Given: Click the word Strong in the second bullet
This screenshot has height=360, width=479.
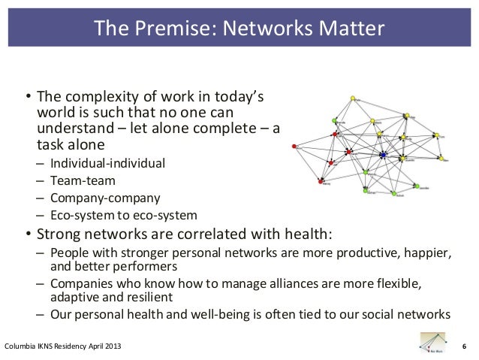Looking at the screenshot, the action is click(x=63, y=234).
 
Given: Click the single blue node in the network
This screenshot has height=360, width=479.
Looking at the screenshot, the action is click(x=383, y=155).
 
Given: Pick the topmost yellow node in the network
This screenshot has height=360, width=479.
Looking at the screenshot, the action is click(x=355, y=98).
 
